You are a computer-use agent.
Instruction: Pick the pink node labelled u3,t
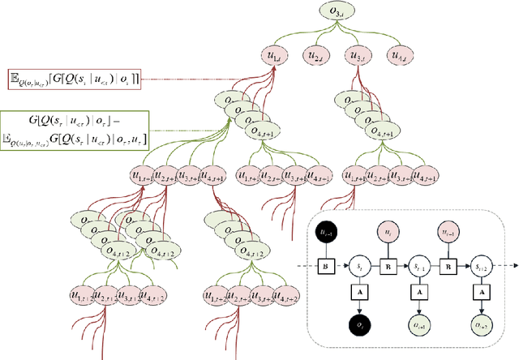(356, 56)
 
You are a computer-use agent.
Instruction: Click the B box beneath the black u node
(325, 265)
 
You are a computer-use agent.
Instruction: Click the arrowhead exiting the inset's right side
(513, 265)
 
